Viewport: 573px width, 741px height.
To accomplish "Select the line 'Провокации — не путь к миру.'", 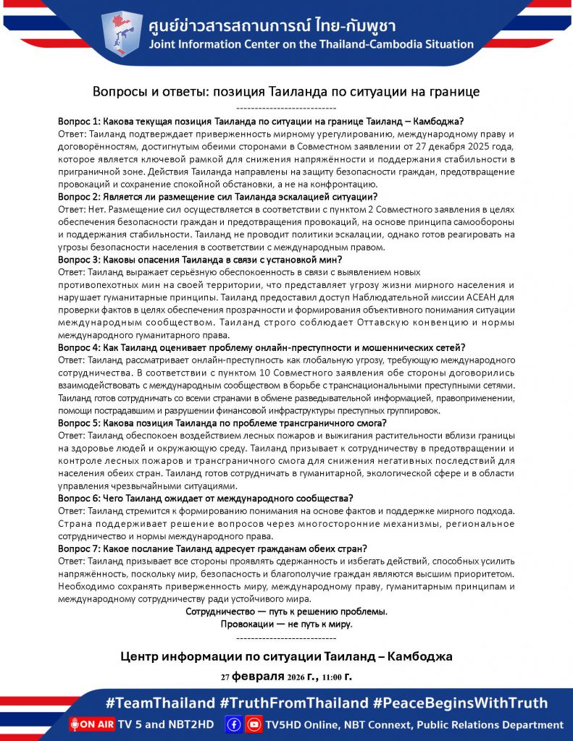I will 286,624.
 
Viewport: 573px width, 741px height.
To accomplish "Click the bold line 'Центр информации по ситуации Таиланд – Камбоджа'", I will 286,657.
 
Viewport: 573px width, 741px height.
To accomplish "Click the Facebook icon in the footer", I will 233,724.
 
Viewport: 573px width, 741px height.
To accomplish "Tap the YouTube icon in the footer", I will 253,724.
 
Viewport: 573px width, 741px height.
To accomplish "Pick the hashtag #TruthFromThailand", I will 294,703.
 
